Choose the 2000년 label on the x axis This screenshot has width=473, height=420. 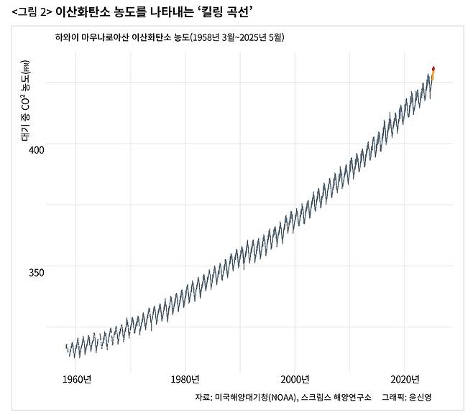295,380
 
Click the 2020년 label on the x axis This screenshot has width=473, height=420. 405,380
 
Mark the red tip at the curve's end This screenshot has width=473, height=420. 433,69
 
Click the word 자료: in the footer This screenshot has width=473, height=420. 203,398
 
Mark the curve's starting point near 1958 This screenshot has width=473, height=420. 66,347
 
